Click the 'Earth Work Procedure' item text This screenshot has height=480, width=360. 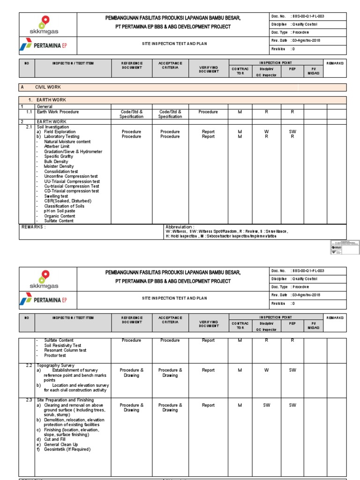point(58,112)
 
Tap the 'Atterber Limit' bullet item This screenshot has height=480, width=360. point(57,147)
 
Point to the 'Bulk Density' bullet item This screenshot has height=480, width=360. point(56,162)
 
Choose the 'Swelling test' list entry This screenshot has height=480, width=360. point(56,196)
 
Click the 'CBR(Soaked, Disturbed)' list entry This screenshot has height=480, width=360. point(67,201)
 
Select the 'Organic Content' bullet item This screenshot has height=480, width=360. point(60,216)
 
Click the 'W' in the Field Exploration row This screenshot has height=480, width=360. point(266,132)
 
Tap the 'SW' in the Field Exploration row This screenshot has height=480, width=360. point(292,132)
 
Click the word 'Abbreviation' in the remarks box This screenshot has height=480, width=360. point(180,227)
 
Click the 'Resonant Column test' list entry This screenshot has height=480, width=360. point(65,350)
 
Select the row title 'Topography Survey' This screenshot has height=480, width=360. point(56,365)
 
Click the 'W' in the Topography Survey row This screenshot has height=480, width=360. point(266,370)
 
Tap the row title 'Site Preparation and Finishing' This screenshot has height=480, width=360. point(66,400)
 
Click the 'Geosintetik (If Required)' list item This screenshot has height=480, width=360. point(67,450)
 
